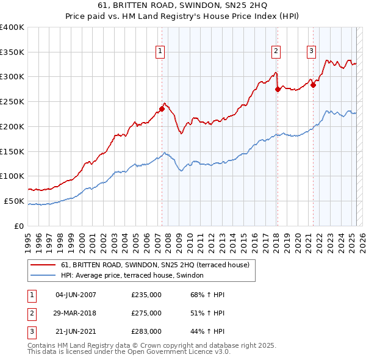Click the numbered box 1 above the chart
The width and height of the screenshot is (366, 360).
[160, 52]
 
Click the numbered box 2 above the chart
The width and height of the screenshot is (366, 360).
[276, 52]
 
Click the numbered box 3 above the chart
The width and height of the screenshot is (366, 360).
[311, 52]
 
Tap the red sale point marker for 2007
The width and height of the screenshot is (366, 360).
[162, 109]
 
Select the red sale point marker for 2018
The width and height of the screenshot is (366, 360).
[278, 89]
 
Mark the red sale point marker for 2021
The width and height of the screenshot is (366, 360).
[314, 85]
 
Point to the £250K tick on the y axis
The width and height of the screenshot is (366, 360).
[12, 102]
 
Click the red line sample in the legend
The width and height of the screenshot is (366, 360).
[43, 265]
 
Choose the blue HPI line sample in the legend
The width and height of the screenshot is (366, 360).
[43, 276]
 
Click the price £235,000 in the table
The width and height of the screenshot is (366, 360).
[146, 295]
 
